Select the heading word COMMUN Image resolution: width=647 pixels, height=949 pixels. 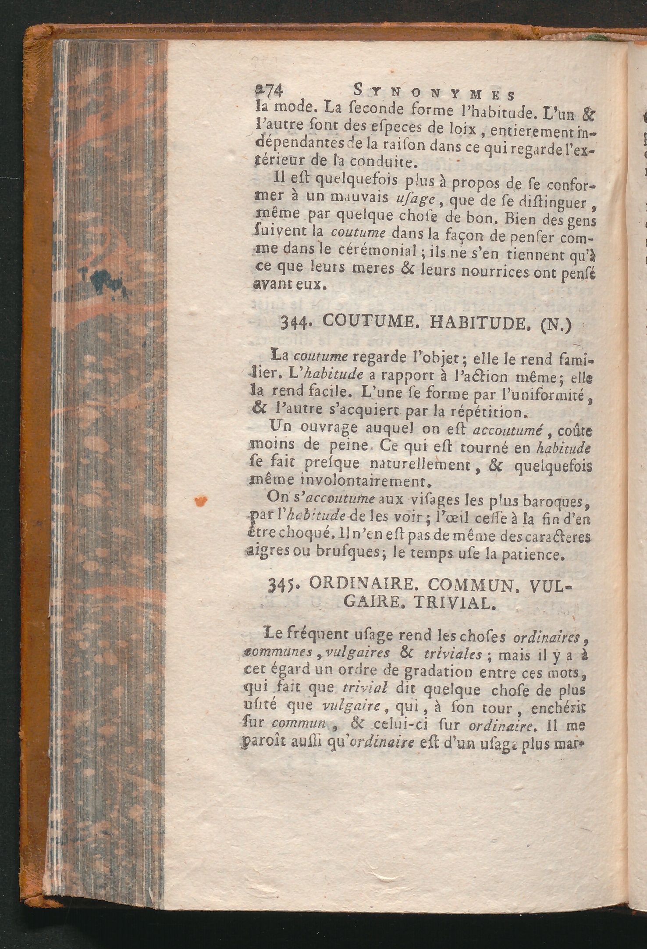click(x=471, y=585)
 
